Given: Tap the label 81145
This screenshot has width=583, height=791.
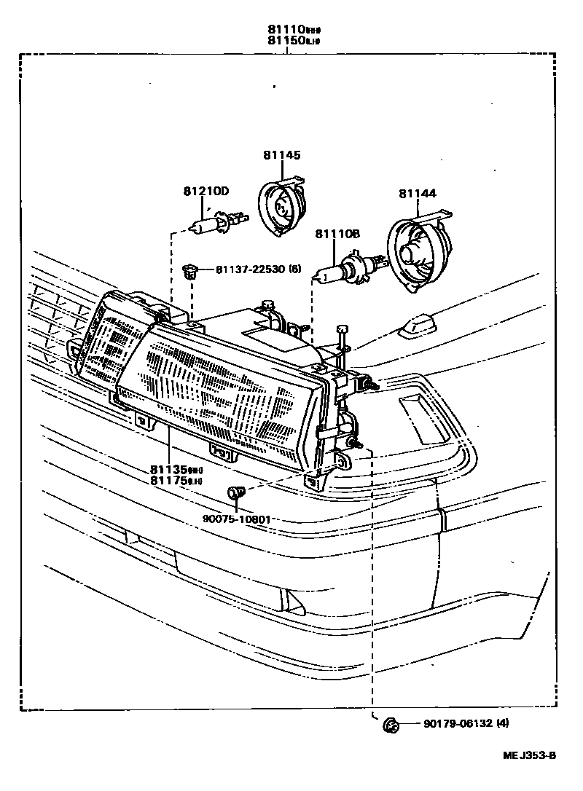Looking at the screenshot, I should click(281, 155).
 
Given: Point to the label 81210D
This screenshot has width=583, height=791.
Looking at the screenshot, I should click(206, 192).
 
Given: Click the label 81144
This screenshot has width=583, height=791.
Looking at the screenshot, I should click(417, 194).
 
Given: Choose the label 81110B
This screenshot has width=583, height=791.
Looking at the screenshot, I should click(337, 234).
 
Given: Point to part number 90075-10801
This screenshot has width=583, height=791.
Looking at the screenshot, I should click(236, 519).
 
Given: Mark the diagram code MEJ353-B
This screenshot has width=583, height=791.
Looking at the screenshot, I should click(528, 755).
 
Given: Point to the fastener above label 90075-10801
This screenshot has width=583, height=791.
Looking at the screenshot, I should click(235, 493).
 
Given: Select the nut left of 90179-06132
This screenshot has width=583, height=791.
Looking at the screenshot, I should click(391, 724).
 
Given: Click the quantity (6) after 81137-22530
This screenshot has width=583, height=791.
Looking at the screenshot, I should click(294, 270).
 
